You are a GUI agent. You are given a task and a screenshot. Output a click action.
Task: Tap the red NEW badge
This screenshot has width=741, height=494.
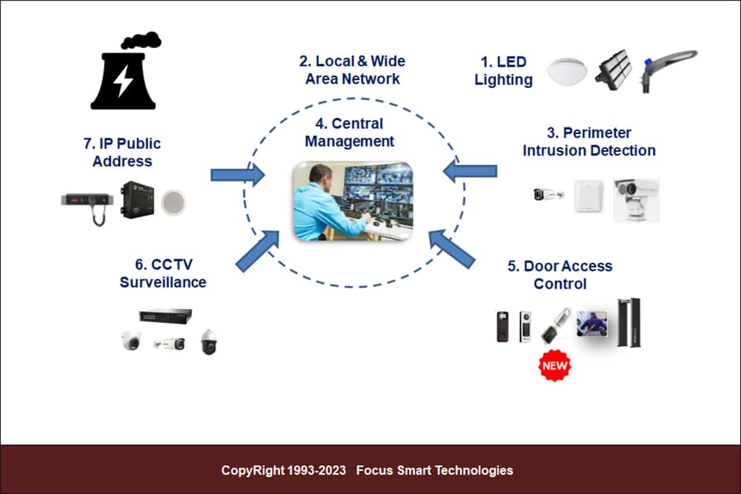click(x=554, y=366)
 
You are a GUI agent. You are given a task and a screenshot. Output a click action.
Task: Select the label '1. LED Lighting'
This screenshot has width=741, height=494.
click(x=503, y=71)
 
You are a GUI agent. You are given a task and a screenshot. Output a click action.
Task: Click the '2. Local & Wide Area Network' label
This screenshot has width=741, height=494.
click(x=352, y=70)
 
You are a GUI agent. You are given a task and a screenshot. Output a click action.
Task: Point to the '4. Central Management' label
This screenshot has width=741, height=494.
click(x=349, y=133)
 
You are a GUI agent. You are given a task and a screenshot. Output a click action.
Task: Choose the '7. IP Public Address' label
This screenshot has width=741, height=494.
click(x=122, y=152)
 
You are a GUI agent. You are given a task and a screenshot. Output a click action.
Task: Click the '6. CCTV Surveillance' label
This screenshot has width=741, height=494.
click(x=163, y=273)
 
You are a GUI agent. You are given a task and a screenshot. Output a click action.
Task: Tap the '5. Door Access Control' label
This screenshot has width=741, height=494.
click(x=560, y=275)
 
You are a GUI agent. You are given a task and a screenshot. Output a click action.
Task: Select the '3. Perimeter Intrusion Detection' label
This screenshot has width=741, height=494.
click(x=589, y=141)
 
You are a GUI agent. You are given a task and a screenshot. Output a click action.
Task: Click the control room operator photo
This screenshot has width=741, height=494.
click(x=353, y=201)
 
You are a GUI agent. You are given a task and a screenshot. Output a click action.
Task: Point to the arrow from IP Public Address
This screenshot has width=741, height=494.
click(x=238, y=175)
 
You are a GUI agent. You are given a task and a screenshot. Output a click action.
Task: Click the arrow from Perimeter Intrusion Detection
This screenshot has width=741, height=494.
click(x=470, y=170)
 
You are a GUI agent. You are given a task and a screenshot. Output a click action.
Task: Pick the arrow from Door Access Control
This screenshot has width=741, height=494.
click(x=452, y=248)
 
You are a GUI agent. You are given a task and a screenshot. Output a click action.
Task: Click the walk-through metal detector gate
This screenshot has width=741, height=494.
click(x=629, y=323)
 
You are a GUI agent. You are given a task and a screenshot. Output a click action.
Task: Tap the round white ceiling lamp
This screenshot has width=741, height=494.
click(x=567, y=71)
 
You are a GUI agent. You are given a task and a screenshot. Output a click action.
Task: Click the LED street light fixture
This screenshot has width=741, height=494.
click(x=668, y=70)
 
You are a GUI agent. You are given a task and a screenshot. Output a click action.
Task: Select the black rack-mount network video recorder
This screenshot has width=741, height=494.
click(x=165, y=315)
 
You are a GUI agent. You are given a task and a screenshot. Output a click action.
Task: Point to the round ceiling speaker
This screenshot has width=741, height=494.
click(x=173, y=202)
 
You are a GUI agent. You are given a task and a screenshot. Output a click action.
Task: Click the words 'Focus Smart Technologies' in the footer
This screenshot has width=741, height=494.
click(x=435, y=470)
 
